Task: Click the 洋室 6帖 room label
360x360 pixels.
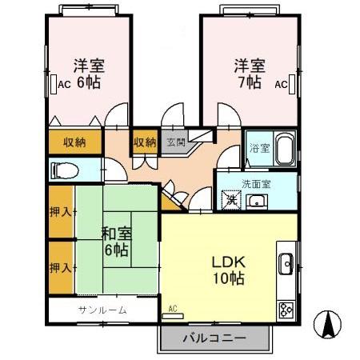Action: pos(88,73)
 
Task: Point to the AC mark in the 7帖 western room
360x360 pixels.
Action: pos(281,84)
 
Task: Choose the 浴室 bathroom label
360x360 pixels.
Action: pos(259,148)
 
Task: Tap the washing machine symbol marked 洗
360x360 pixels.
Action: pos(231,201)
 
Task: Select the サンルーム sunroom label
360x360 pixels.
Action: pos(102,310)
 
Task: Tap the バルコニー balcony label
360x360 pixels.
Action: pos(213,338)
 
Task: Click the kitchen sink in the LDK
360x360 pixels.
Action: pos(287,262)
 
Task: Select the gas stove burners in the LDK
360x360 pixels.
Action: pos(286,308)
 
